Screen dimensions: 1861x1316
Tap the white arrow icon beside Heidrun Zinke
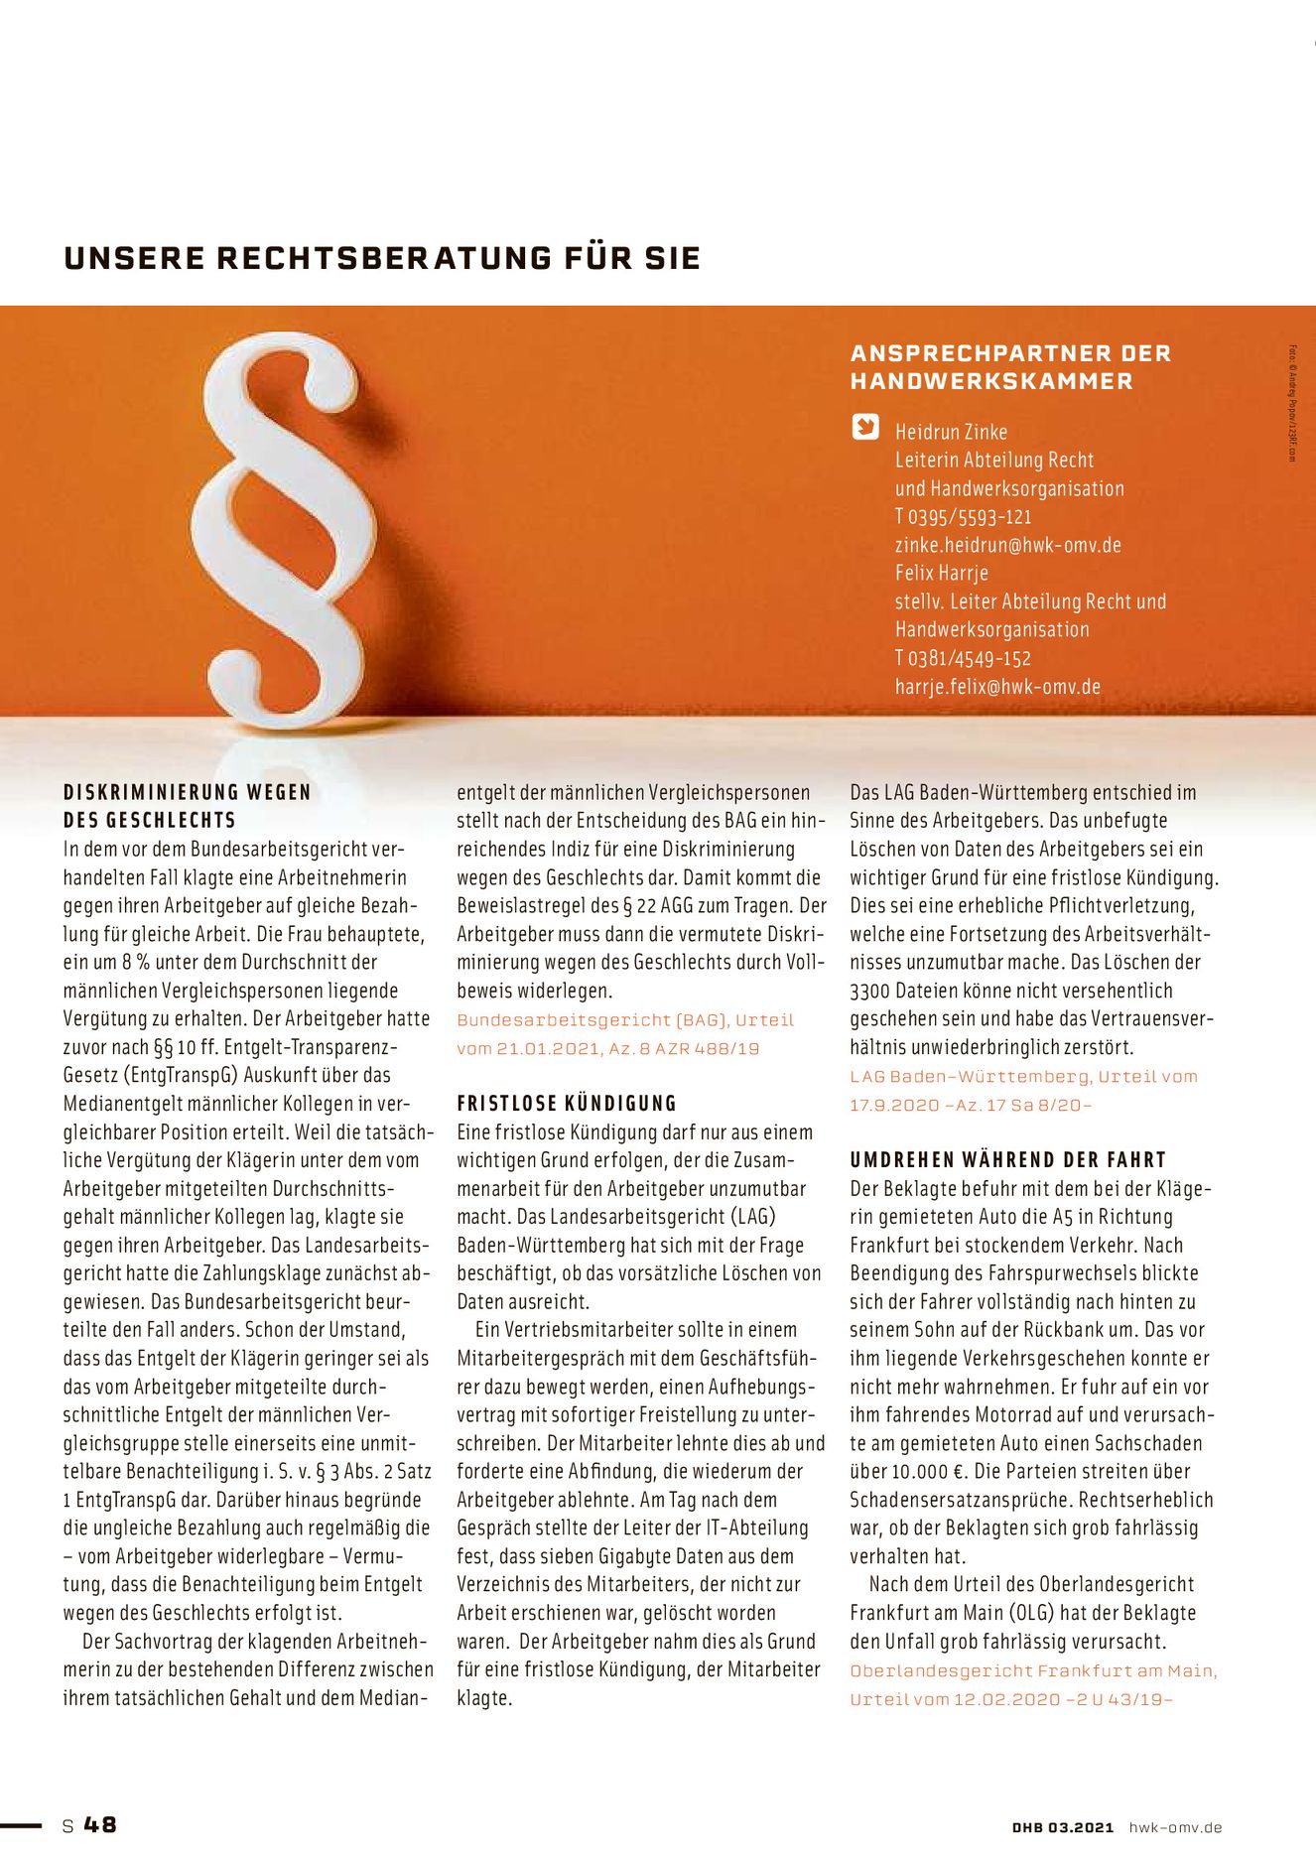865,427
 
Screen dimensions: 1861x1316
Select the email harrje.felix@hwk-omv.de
997,686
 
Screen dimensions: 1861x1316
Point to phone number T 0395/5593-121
963,516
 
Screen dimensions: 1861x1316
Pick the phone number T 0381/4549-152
963,658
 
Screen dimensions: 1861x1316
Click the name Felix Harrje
941,573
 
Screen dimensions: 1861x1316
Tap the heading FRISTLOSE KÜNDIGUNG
566,1103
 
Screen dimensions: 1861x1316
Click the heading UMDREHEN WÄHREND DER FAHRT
1007,1159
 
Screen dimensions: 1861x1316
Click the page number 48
100,1824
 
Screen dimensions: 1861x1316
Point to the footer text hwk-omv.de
1175,1827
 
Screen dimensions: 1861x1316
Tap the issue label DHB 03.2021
1063,1827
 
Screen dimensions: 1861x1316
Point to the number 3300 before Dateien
869,991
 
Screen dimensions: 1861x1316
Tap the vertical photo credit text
1293,402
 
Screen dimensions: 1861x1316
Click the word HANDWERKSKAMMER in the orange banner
990,381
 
